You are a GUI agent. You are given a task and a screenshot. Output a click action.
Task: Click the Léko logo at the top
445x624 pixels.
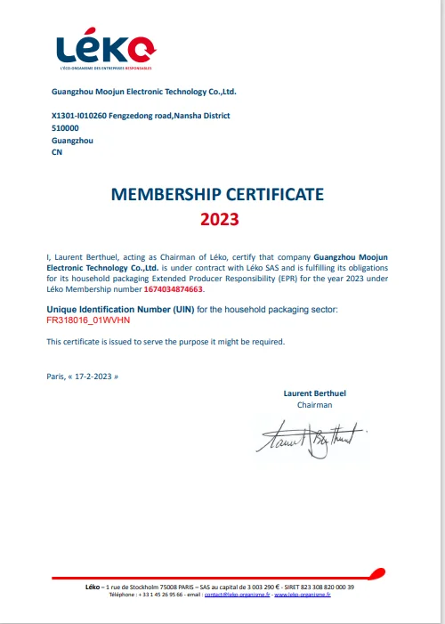tap(104, 49)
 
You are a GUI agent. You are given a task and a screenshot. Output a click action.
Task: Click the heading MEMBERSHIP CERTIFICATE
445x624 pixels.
tap(217, 194)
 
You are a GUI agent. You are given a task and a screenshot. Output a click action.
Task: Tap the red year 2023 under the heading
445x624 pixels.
tap(219, 216)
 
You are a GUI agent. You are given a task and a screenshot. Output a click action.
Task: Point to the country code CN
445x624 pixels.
tap(58, 152)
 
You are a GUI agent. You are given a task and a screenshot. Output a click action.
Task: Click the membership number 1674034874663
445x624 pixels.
tap(174, 289)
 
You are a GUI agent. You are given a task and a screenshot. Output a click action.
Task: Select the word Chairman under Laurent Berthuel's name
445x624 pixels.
tap(314, 404)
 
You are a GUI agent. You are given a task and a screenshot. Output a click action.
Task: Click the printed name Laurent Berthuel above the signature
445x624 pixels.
tap(313, 393)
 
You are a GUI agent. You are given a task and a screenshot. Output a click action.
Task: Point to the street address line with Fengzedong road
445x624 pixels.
tap(142, 116)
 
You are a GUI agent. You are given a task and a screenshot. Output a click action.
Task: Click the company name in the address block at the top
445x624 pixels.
tap(143, 91)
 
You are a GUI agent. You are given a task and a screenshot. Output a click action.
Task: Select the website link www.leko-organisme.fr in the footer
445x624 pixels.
tap(302, 595)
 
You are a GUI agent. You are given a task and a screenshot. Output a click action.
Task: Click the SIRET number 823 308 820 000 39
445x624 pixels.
tap(321, 588)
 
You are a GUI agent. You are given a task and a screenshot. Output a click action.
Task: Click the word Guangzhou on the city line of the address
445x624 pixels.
tap(73, 141)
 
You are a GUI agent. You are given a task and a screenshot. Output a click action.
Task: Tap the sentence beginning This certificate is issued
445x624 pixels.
tap(166, 341)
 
